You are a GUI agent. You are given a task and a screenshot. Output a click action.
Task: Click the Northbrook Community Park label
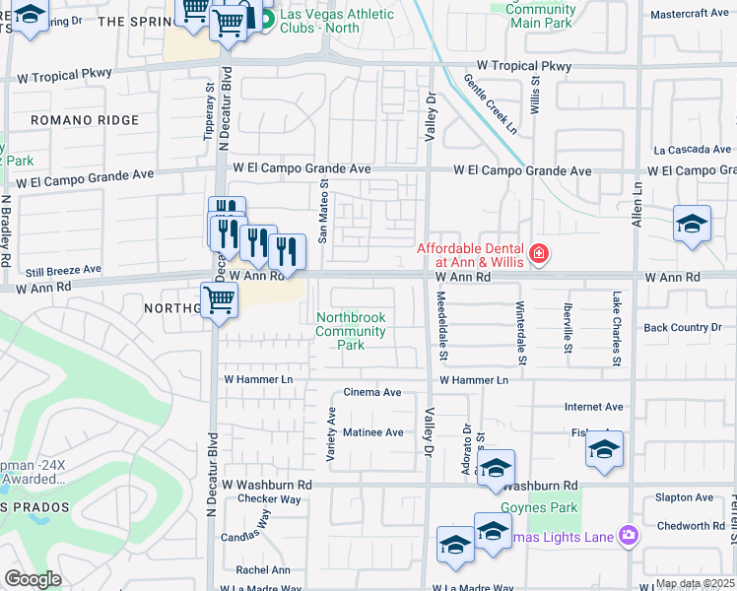click(351, 331)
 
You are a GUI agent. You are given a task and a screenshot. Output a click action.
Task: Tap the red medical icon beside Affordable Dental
click(538, 255)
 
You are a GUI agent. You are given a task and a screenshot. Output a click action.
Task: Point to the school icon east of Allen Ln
click(692, 225)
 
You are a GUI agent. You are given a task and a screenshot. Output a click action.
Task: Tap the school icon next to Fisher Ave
click(604, 450)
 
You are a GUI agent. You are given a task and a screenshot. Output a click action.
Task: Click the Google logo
click(33, 579)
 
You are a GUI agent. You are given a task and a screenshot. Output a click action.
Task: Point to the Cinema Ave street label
click(371, 392)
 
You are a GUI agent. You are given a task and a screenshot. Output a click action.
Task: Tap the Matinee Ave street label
click(372, 432)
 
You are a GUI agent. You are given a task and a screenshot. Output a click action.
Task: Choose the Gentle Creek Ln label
click(490, 104)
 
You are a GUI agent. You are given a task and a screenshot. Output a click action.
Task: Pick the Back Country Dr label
click(689, 327)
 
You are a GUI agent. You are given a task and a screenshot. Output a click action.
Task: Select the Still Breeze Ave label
click(63, 269)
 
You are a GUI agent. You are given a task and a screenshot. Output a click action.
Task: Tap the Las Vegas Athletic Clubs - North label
click(336, 21)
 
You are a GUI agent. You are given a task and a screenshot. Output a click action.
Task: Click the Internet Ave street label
click(593, 407)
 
